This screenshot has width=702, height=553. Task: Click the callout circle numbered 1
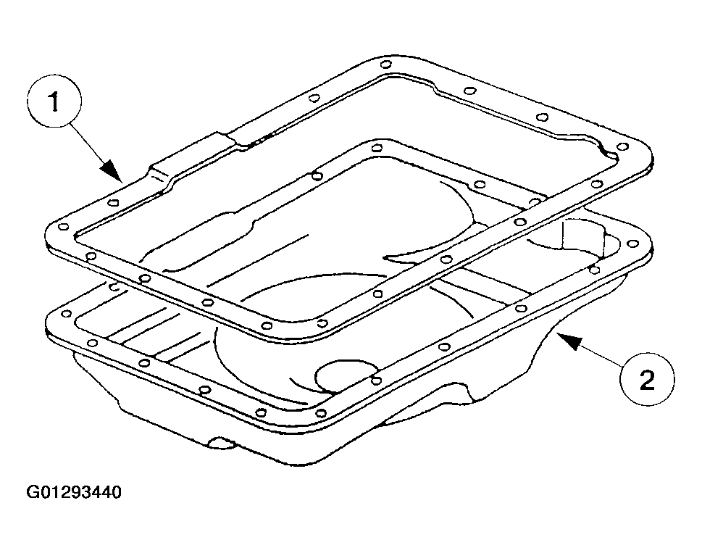click(54, 102)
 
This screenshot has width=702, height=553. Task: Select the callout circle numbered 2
click(647, 379)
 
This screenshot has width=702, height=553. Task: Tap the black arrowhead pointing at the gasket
click(112, 172)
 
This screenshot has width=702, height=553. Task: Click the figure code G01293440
click(74, 492)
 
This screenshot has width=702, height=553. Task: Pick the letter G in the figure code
click(33, 492)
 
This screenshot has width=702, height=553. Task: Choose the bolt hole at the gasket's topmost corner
click(386, 64)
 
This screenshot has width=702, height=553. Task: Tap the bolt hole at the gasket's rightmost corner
click(622, 147)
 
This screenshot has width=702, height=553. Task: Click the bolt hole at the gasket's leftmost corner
click(64, 227)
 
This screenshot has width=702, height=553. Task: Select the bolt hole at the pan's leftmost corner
click(66, 314)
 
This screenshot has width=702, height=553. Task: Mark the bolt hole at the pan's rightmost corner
click(632, 244)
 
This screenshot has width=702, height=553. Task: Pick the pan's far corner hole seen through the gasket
click(377, 148)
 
